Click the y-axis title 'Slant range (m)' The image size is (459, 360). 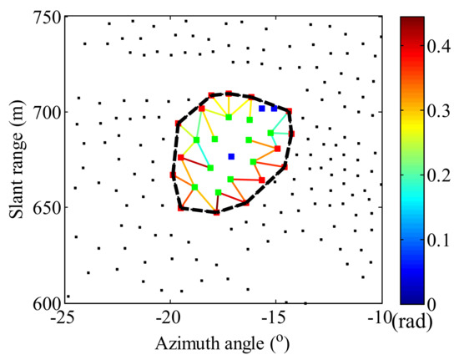pos(14,160)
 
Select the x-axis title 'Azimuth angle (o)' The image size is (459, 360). pos(220,342)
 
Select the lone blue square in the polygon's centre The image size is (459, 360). pos(232,156)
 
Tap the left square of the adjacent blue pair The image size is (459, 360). pos(262,109)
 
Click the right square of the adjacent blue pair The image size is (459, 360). pos(274,109)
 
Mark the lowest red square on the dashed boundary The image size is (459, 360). pos(217,212)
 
